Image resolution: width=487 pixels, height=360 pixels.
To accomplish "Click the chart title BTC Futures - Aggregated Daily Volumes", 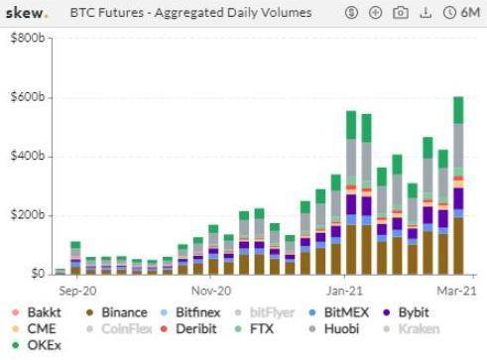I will coord(190,13).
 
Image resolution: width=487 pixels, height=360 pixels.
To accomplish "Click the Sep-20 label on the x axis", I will coord(76,291).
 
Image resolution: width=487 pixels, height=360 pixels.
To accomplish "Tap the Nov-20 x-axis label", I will coord(210,291).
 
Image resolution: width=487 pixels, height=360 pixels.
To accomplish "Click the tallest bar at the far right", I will coord(458,188).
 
